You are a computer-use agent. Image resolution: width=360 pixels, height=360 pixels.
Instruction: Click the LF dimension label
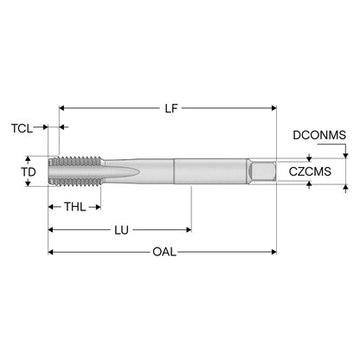(x=171, y=108)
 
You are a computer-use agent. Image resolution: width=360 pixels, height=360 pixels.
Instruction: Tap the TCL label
(x=22, y=128)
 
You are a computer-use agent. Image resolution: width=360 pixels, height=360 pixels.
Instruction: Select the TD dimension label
(x=29, y=172)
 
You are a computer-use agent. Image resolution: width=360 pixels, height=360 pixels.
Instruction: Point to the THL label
(x=74, y=207)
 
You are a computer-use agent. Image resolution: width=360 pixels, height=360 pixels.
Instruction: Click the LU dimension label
(x=121, y=230)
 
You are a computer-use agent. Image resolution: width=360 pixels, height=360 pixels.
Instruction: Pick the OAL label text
(x=164, y=252)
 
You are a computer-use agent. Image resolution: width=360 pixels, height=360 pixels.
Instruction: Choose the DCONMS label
(x=319, y=135)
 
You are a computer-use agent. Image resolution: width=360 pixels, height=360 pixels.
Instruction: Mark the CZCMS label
(x=310, y=171)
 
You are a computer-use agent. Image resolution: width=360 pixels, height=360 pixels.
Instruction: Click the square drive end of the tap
(x=262, y=171)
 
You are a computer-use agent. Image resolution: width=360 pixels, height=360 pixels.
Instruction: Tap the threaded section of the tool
(x=75, y=171)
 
